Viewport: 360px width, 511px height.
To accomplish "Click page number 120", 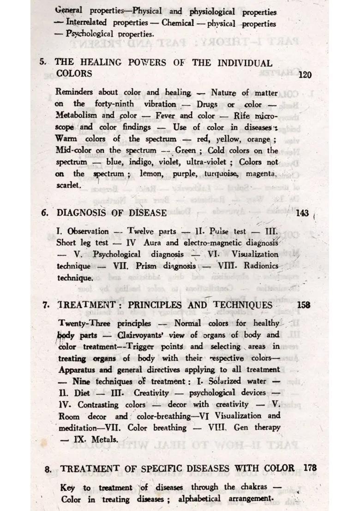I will coord(305,75).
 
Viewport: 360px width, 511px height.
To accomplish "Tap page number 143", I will coord(302,213).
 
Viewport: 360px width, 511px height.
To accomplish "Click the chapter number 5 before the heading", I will coord(42,62).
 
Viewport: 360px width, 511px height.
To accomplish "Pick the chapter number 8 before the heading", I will coord(48,469).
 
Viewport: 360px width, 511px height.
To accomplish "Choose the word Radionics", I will coord(257,266).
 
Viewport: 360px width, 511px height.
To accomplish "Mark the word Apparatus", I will coord(78,370).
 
